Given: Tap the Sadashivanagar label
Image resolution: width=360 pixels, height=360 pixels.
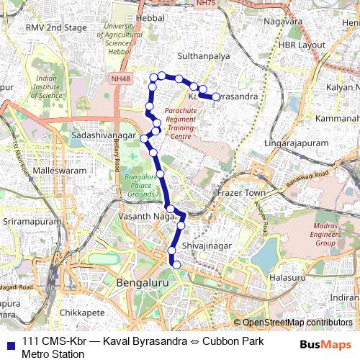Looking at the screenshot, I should (x=104, y=135).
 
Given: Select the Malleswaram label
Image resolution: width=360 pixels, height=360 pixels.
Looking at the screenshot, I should (x=49, y=171).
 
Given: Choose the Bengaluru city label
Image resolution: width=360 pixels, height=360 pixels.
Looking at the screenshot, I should (x=146, y=284).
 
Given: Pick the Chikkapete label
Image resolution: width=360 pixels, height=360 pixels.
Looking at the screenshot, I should (x=83, y=312).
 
